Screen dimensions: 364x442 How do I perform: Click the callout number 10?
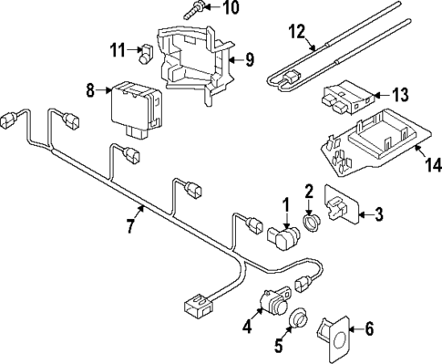(x=231, y=9)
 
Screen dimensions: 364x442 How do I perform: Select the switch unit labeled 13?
(x=344, y=99)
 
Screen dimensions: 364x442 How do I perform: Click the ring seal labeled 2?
(x=311, y=223)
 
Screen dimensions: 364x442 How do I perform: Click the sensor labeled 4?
(x=272, y=303)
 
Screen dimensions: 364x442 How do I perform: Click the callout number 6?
(x=369, y=328)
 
